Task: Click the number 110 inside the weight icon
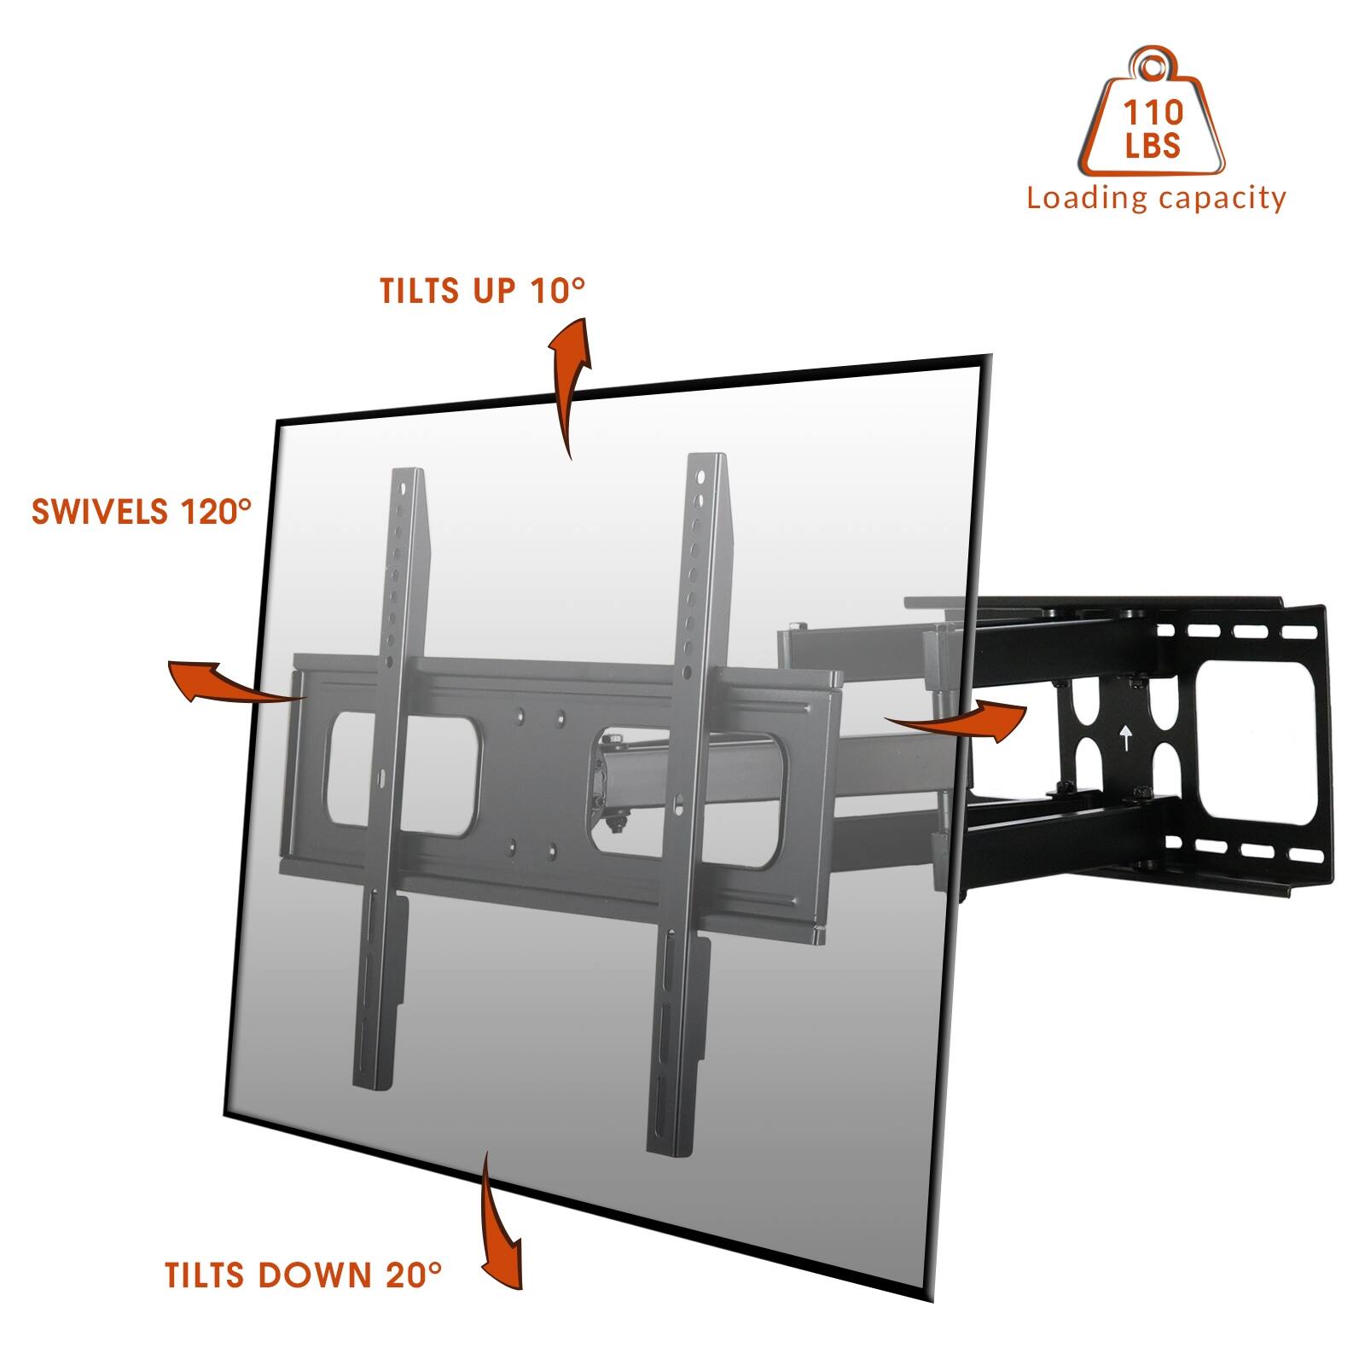point(1153,113)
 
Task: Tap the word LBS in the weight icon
point(1153,145)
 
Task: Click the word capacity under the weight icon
point(1222,199)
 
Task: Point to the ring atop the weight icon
point(1151,65)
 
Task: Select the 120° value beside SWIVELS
point(216,511)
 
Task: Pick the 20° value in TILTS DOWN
point(414,1275)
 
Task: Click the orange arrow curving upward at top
point(567,384)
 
